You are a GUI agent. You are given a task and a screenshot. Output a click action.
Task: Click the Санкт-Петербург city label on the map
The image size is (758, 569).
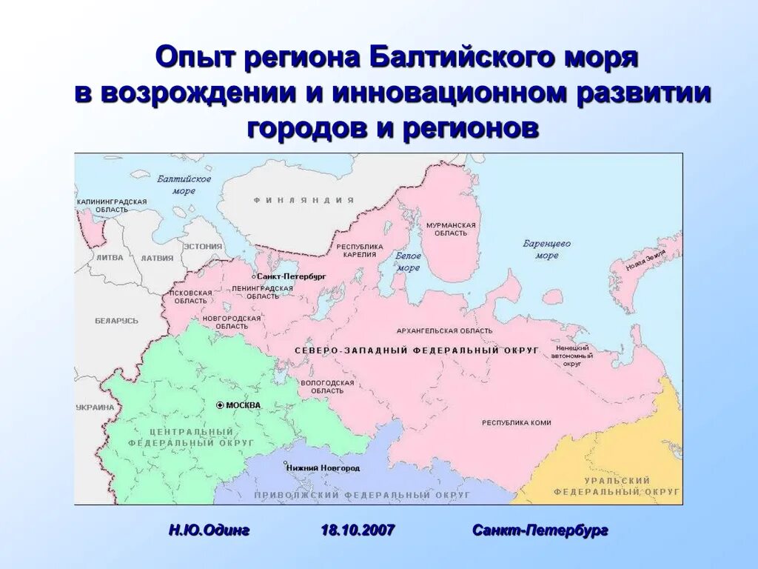292,276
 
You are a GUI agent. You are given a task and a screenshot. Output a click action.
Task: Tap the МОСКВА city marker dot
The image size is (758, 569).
220,405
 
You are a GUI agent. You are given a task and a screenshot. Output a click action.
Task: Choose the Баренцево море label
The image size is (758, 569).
547,249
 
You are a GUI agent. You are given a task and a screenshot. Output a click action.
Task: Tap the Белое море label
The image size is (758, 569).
408,262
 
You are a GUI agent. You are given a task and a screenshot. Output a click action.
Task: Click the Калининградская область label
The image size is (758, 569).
112,205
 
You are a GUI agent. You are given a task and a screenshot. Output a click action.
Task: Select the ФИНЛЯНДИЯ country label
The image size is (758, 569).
303,200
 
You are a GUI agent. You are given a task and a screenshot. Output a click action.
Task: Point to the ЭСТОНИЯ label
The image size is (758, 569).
203,246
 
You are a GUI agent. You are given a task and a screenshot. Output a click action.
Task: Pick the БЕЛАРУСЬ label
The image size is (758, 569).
116,321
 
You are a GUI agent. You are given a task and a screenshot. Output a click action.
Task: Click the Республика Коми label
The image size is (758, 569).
517,422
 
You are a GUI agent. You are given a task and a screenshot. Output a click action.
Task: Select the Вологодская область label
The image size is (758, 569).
323,386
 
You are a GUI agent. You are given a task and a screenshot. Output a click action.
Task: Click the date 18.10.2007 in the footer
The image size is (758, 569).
358,530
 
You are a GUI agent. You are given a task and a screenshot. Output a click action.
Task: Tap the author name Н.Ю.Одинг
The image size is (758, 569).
209,530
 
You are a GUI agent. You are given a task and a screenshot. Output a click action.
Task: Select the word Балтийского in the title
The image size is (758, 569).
438,57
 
